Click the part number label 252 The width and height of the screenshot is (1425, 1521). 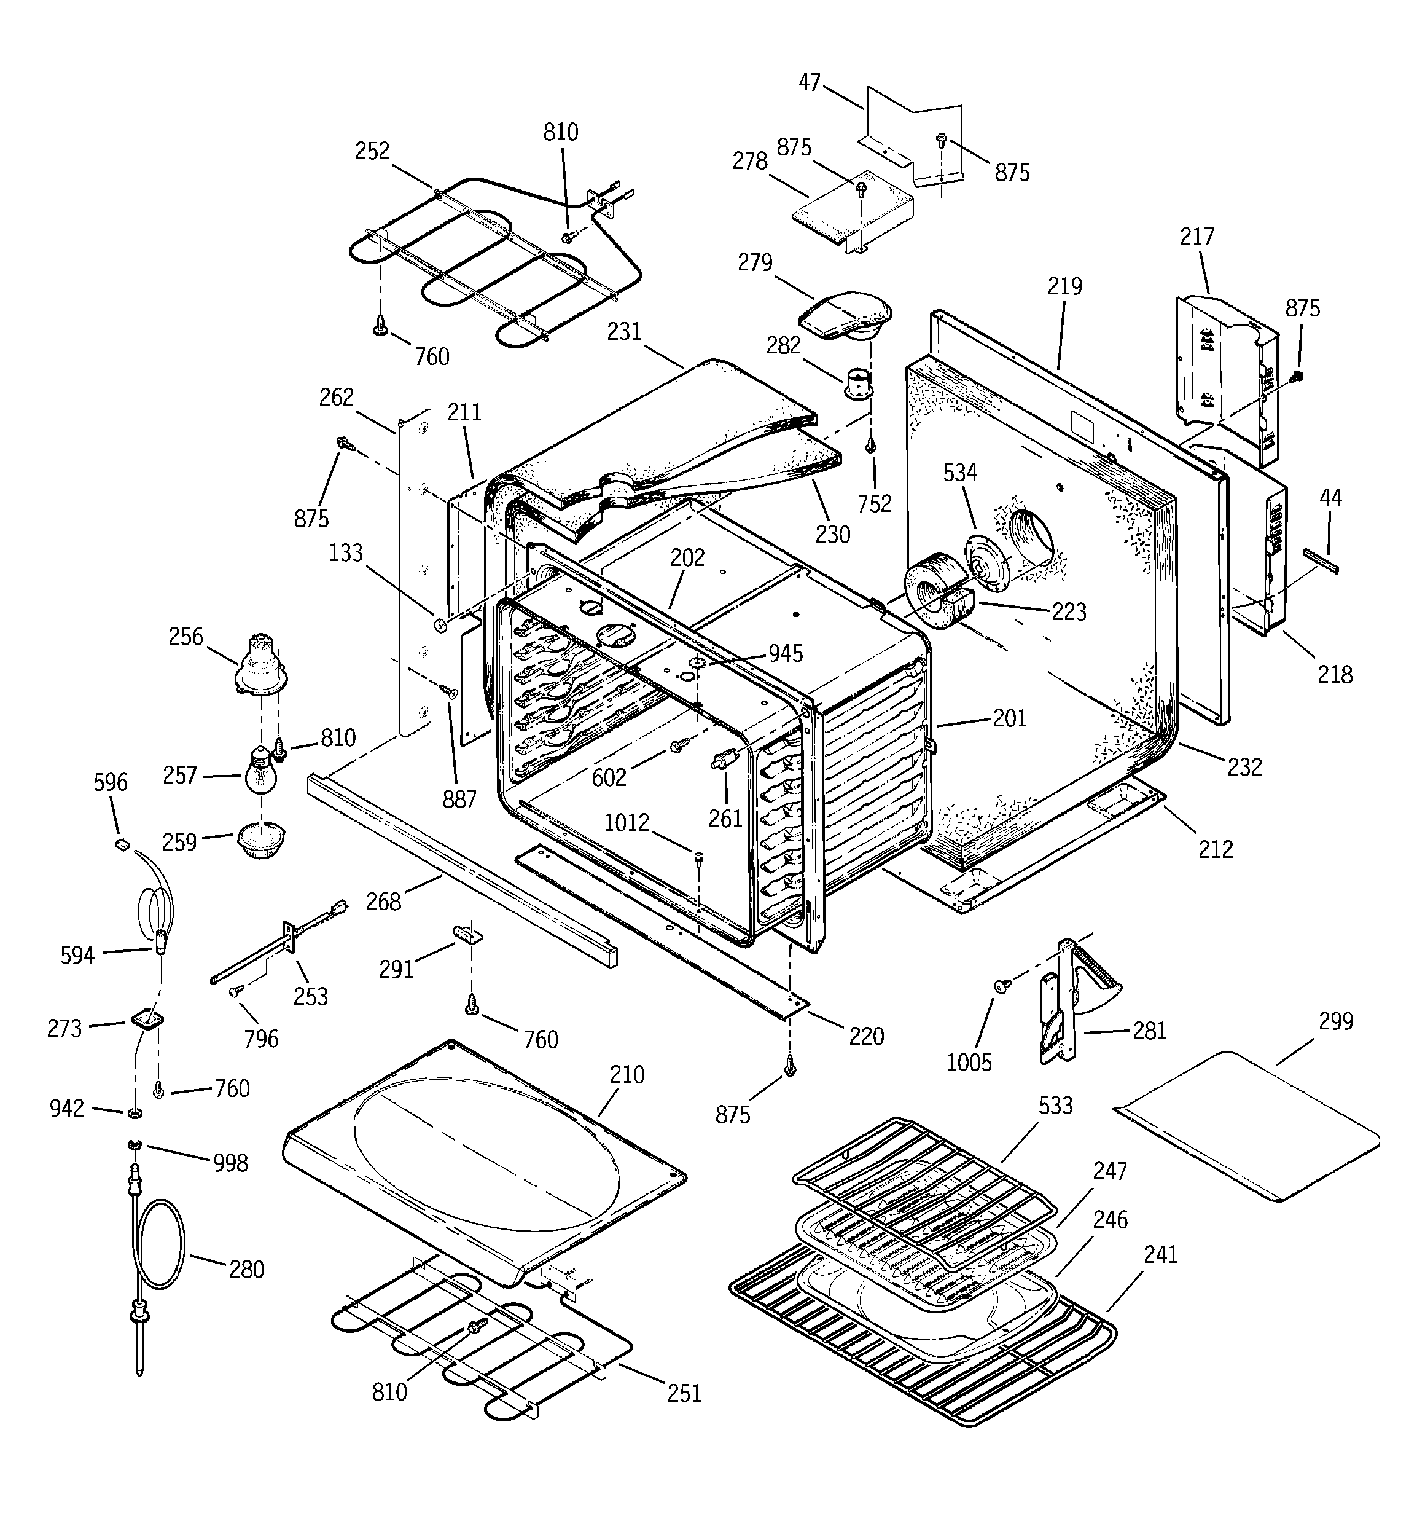[372, 151]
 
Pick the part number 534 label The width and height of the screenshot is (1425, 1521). [960, 473]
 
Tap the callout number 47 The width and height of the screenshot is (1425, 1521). [810, 82]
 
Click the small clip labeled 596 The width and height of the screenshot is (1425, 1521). [121, 844]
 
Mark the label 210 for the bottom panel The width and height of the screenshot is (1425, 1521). [627, 1074]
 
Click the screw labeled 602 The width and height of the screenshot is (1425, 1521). [677, 746]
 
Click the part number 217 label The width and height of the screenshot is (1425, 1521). [1197, 237]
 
